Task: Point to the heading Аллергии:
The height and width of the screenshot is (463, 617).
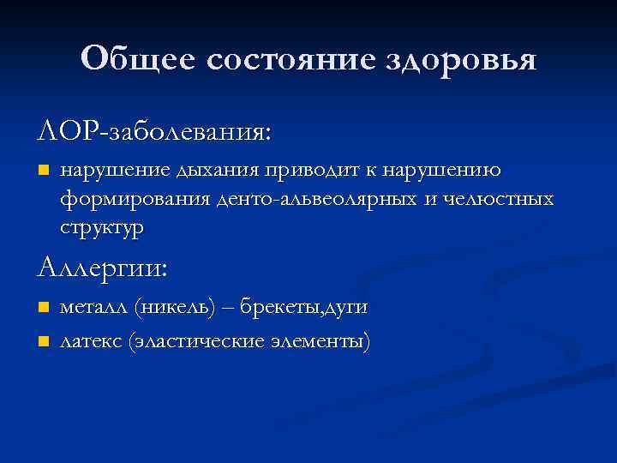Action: point(104,268)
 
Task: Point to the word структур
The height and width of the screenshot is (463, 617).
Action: point(102,229)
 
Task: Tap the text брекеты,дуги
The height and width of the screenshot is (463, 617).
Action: point(304,307)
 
